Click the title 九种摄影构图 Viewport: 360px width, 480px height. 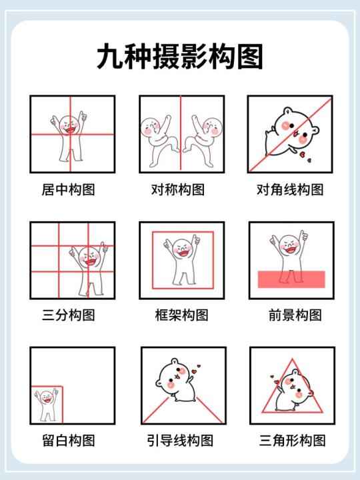click(180, 57)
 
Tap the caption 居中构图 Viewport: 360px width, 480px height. click(68, 189)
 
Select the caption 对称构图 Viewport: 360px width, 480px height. click(178, 189)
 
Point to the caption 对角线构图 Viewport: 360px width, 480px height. click(290, 189)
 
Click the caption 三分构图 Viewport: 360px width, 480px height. click(68, 315)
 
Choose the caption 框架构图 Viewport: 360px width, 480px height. click(181, 315)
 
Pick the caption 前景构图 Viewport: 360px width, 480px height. click(295, 315)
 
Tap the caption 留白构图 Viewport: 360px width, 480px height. click(68, 441)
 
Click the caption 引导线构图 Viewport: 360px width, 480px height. click(180, 441)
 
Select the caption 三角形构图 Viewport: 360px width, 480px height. click(293, 441)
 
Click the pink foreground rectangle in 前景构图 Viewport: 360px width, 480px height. click(291, 279)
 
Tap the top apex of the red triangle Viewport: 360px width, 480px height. click(292, 359)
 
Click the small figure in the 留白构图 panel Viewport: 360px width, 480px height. click(47, 405)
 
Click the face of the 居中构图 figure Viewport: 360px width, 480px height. click(69, 125)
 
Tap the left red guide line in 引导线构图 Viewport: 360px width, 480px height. click(156, 410)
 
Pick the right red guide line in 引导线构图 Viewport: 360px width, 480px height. click(209, 410)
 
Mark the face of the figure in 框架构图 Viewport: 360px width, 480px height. click(183, 249)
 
